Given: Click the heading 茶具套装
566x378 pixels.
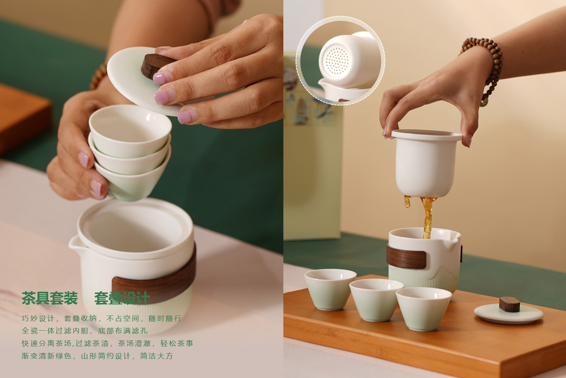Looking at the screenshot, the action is pos(49,298).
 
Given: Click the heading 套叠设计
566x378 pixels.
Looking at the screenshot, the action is pos(122,298).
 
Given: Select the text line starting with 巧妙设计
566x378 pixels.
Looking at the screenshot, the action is pos(102,318).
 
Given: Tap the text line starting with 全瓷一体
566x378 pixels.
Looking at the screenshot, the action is pos(85,331).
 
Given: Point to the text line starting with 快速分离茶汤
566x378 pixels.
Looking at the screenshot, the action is pos(107,343).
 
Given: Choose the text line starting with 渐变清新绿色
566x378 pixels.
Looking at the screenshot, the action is pos(97,356).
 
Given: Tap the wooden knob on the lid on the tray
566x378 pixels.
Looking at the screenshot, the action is pos(510,304).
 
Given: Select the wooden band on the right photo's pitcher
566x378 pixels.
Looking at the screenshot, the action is pos(406,256).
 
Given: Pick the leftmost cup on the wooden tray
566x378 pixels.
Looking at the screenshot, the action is pos(330,290).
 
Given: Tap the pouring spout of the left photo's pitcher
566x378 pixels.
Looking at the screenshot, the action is pos(75,244).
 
